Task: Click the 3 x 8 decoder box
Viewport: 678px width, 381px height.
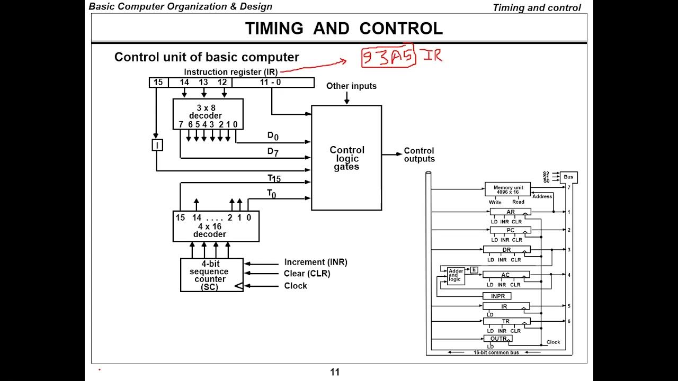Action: click(208, 114)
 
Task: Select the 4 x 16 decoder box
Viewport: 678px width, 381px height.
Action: click(216, 226)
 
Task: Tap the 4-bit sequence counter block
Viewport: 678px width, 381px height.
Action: click(211, 275)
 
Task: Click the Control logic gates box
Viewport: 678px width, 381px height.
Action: click(346, 158)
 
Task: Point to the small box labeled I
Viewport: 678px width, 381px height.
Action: click(157, 144)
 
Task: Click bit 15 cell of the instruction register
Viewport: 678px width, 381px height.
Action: click(158, 83)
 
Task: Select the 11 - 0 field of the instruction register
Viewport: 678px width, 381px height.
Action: click(273, 83)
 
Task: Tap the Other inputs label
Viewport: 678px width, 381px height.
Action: click(351, 86)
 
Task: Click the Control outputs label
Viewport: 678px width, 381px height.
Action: click(419, 155)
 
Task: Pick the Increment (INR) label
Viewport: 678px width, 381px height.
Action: click(316, 262)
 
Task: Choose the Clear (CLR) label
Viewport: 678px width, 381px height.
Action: click(307, 274)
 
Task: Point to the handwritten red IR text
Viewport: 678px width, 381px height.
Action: click(431, 55)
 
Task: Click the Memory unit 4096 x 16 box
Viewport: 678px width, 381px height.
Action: click(507, 189)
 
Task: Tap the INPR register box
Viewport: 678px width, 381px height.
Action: click(497, 296)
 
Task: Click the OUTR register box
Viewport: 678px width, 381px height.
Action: click(498, 339)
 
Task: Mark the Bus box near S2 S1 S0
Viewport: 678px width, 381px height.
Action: click(568, 177)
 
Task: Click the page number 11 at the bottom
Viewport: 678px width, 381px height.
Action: click(335, 372)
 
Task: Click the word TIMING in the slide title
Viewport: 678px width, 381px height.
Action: click(274, 29)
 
